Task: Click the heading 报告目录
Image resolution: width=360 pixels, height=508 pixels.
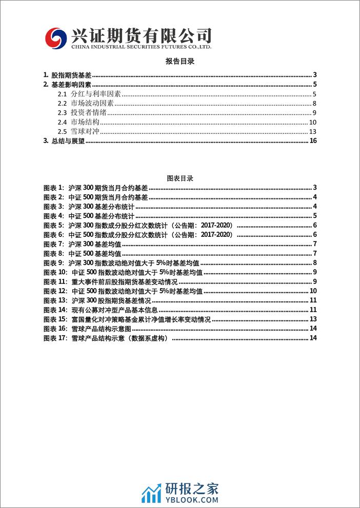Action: click(180, 61)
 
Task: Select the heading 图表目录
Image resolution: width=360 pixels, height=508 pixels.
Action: click(180, 178)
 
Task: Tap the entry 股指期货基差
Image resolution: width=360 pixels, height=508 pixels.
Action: click(71, 75)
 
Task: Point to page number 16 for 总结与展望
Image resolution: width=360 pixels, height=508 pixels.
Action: click(314, 141)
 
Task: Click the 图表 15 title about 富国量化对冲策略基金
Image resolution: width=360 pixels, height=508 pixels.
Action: click(141, 319)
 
